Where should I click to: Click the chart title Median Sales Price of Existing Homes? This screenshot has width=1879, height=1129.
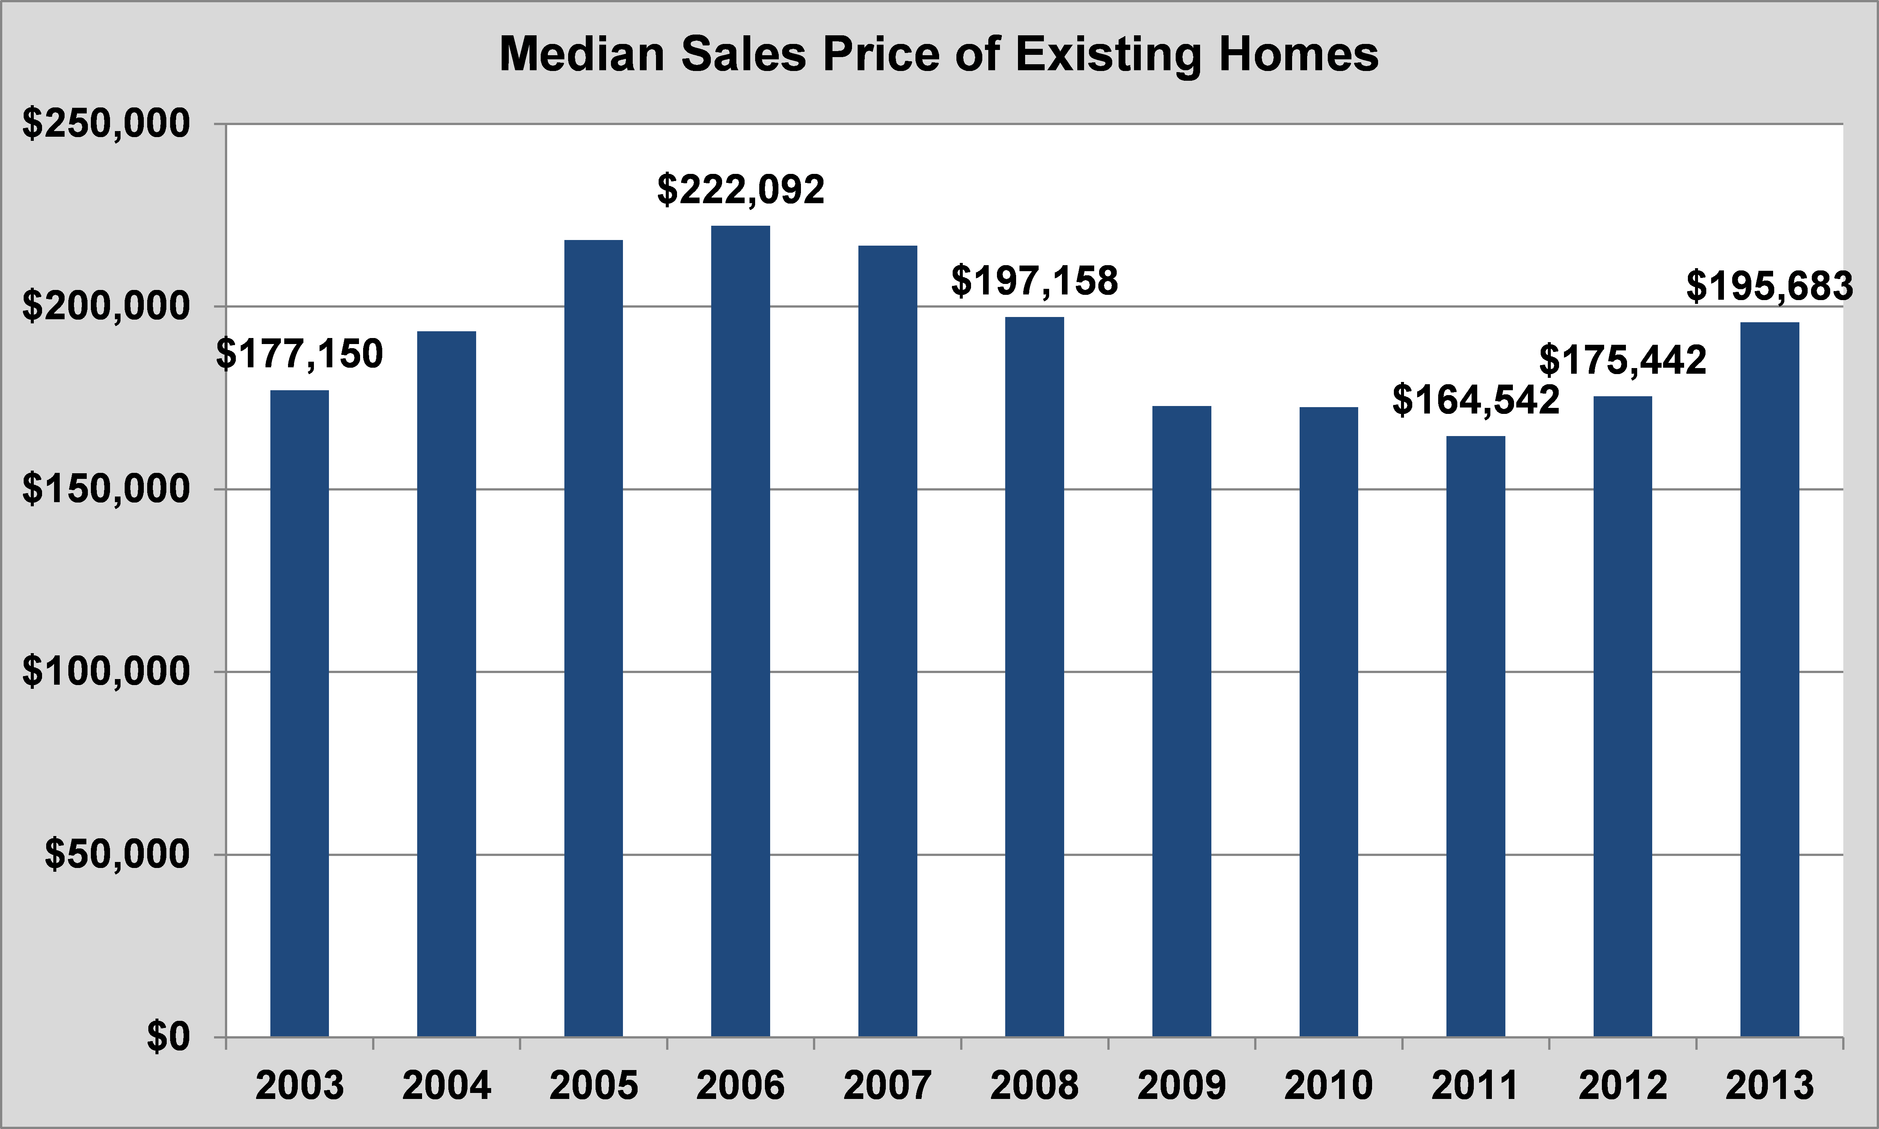[938, 55]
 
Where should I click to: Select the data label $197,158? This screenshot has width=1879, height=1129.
[1034, 281]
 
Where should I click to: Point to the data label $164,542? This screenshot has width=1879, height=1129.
[1475, 400]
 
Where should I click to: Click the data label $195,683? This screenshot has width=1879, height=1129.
[1769, 287]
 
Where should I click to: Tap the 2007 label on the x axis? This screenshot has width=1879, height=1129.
[887, 1085]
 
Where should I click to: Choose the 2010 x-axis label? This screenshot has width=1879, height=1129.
[1329, 1085]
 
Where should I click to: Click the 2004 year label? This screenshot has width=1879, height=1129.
[446, 1085]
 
